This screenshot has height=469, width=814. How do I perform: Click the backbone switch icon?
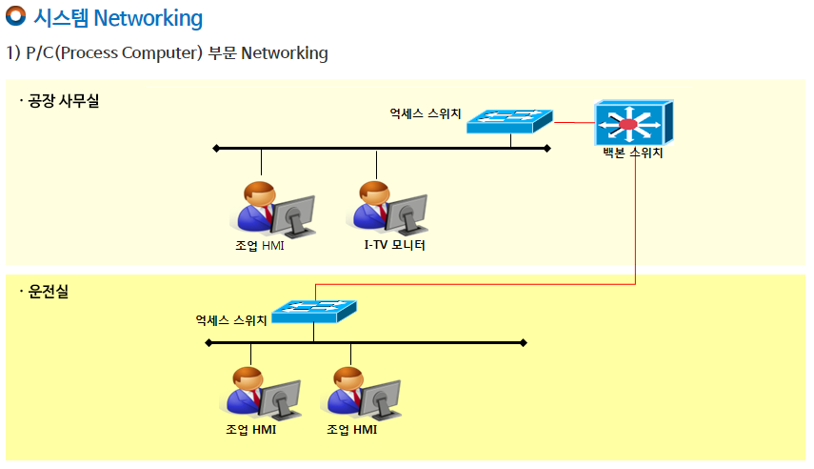point(634,123)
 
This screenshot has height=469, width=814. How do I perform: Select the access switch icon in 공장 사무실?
point(509,121)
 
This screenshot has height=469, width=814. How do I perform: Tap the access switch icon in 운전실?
point(314,311)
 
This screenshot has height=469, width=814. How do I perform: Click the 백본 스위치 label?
point(633,153)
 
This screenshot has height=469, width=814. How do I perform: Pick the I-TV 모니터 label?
point(394,245)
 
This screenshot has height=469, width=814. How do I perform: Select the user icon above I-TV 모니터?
point(387,208)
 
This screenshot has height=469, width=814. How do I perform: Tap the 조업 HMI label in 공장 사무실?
point(260,245)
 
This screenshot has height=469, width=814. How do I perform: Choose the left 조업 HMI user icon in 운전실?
point(260,393)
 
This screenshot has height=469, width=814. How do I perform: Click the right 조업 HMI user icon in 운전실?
point(361,393)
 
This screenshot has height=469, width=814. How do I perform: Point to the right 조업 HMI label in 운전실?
point(352,430)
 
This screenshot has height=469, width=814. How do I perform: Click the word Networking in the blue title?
point(149,18)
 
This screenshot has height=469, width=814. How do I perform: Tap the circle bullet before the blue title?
point(15,15)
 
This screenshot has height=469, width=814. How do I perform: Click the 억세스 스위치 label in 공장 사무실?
point(426,113)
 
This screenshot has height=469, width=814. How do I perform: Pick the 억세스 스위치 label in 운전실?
point(231,320)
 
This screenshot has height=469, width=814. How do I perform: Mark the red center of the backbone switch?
point(627,124)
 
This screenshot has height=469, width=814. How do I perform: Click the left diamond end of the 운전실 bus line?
point(208,342)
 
